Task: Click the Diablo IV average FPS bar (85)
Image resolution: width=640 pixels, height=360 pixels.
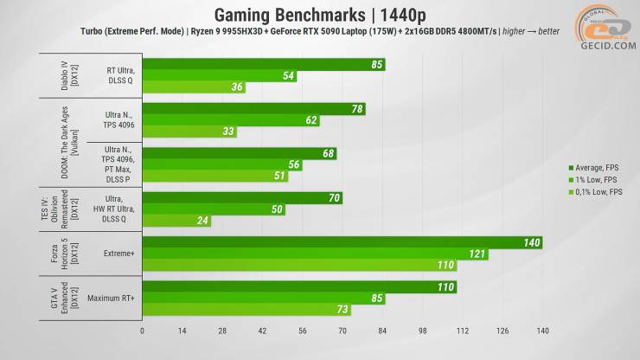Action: point(259,64)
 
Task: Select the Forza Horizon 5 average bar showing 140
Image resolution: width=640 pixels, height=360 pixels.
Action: point(337,243)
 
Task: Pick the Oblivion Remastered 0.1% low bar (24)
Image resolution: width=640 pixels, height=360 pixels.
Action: point(173,221)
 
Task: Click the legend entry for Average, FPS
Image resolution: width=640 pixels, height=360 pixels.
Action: point(596,167)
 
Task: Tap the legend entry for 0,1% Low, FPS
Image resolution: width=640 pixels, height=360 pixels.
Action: point(598,191)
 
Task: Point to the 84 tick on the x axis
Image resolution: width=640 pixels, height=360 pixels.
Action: point(382,331)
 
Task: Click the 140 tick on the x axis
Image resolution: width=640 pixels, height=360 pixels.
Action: point(542,331)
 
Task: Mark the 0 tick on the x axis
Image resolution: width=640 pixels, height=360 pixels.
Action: point(143,331)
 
